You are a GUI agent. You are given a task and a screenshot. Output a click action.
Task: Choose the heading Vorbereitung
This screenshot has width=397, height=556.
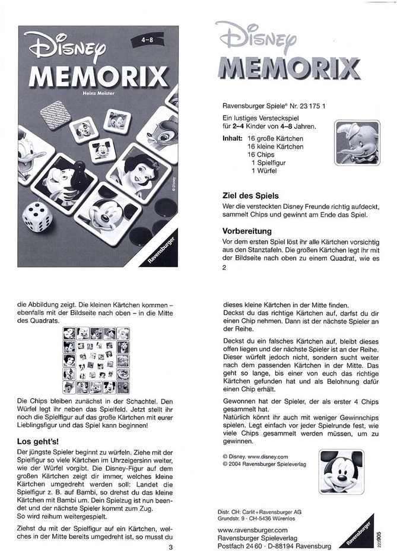click(246, 230)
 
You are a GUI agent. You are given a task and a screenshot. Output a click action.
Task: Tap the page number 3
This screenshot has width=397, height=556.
click(170, 547)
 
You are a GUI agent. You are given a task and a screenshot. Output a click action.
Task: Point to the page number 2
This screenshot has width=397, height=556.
click(224, 268)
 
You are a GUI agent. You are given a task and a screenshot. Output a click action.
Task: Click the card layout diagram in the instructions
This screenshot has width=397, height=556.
click(96, 360)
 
